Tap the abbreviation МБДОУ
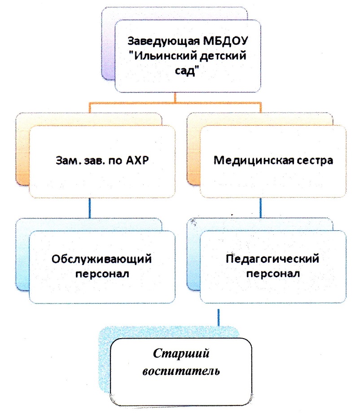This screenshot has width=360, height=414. point(225,41)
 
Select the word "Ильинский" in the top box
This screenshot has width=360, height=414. point(162,56)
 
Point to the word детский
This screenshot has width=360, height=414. point(222,56)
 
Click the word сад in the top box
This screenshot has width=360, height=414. point(187,70)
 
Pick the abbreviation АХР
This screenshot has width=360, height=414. point(137,160)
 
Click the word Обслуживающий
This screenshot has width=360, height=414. point(101,259)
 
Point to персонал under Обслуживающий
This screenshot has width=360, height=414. point(102,274)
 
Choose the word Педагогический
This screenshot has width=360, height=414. point(272,259)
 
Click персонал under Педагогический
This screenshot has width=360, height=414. point(273,274)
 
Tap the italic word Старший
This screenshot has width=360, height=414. point(181,353)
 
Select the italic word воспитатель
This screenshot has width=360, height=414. point(181,371)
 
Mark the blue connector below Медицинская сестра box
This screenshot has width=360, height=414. point(261,208)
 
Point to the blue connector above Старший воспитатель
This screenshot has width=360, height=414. point(218,317)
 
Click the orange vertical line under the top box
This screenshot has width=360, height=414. point(175,97)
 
